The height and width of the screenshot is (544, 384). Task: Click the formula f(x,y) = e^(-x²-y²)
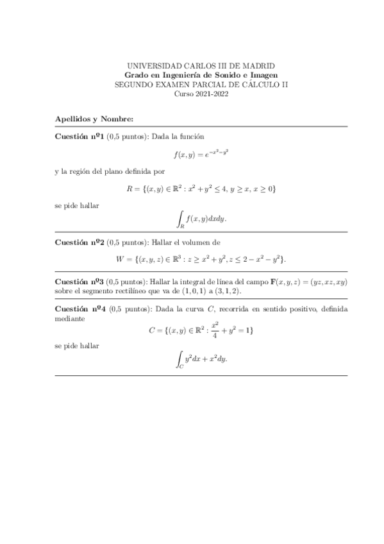(x=201, y=154)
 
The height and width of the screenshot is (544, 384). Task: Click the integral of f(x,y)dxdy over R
(x=201, y=219)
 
